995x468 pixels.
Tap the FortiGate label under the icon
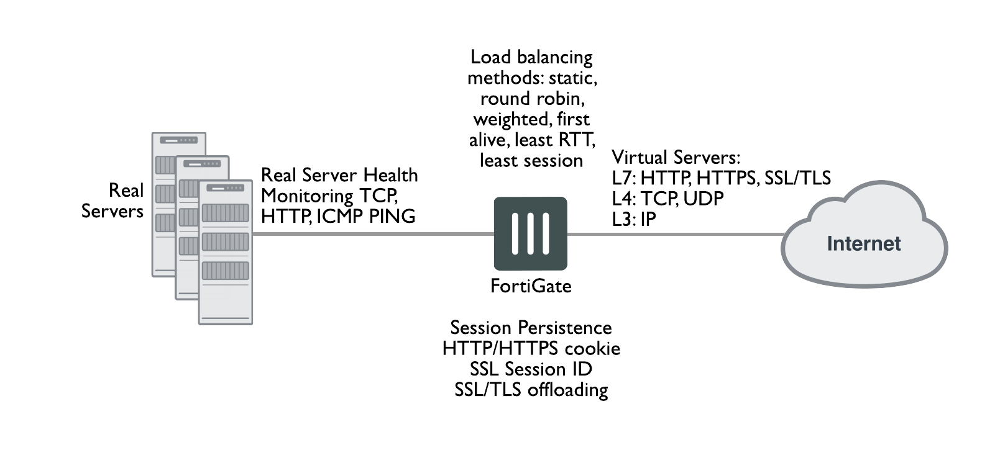(x=531, y=286)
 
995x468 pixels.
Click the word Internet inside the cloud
(x=863, y=243)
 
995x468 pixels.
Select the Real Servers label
(x=112, y=200)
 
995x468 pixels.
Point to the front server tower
(x=225, y=252)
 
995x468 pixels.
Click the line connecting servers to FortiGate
(x=373, y=234)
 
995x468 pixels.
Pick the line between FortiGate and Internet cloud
(x=674, y=234)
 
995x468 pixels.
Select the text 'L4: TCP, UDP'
(x=667, y=198)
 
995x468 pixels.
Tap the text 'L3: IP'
(x=634, y=219)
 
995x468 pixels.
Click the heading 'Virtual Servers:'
(x=676, y=157)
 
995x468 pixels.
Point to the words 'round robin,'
(x=532, y=99)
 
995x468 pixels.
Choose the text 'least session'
(x=531, y=161)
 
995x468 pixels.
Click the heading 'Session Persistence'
(x=531, y=328)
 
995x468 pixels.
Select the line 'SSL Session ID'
(x=531, y=369)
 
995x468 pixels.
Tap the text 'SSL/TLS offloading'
(x=531, y=390)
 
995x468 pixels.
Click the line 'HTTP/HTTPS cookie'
(x=531, y=348)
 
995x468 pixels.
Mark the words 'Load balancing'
(x=531, y=57)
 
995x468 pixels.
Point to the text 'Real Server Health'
(x=339, y=175)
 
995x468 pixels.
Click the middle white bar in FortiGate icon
(x=531, y=233)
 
